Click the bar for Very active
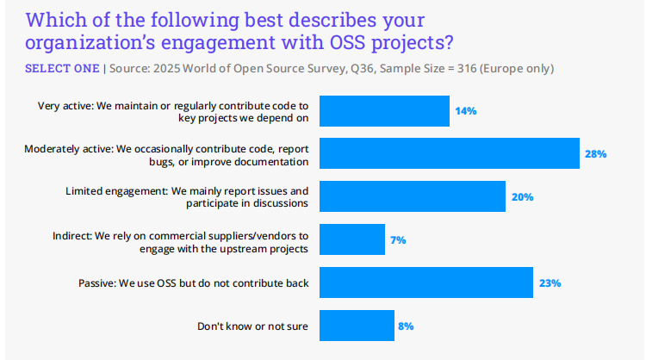tap(384, 111)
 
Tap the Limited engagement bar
tap(412, 196)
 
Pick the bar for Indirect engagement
tap(352, 239)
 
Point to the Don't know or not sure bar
tap(357, 326)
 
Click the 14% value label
tap(467, 111)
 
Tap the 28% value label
tap(597, 154)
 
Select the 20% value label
tap(522, 196)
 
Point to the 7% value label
tap(398, 239)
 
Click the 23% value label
tap(550, 282)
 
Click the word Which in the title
tap(56, 19)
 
